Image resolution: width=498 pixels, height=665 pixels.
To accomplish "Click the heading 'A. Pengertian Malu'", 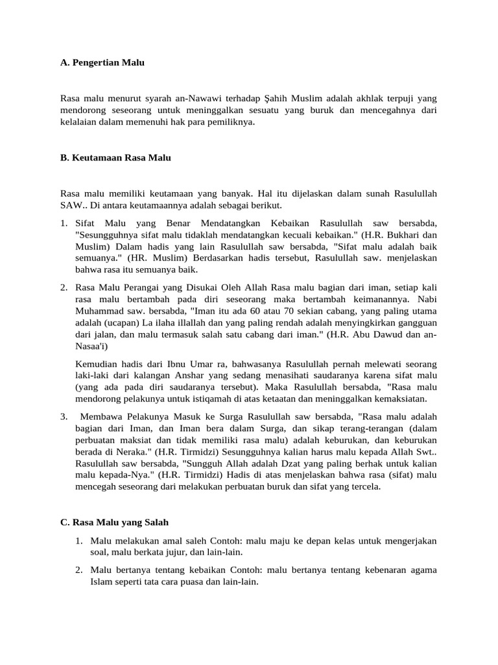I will point(102,63).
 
